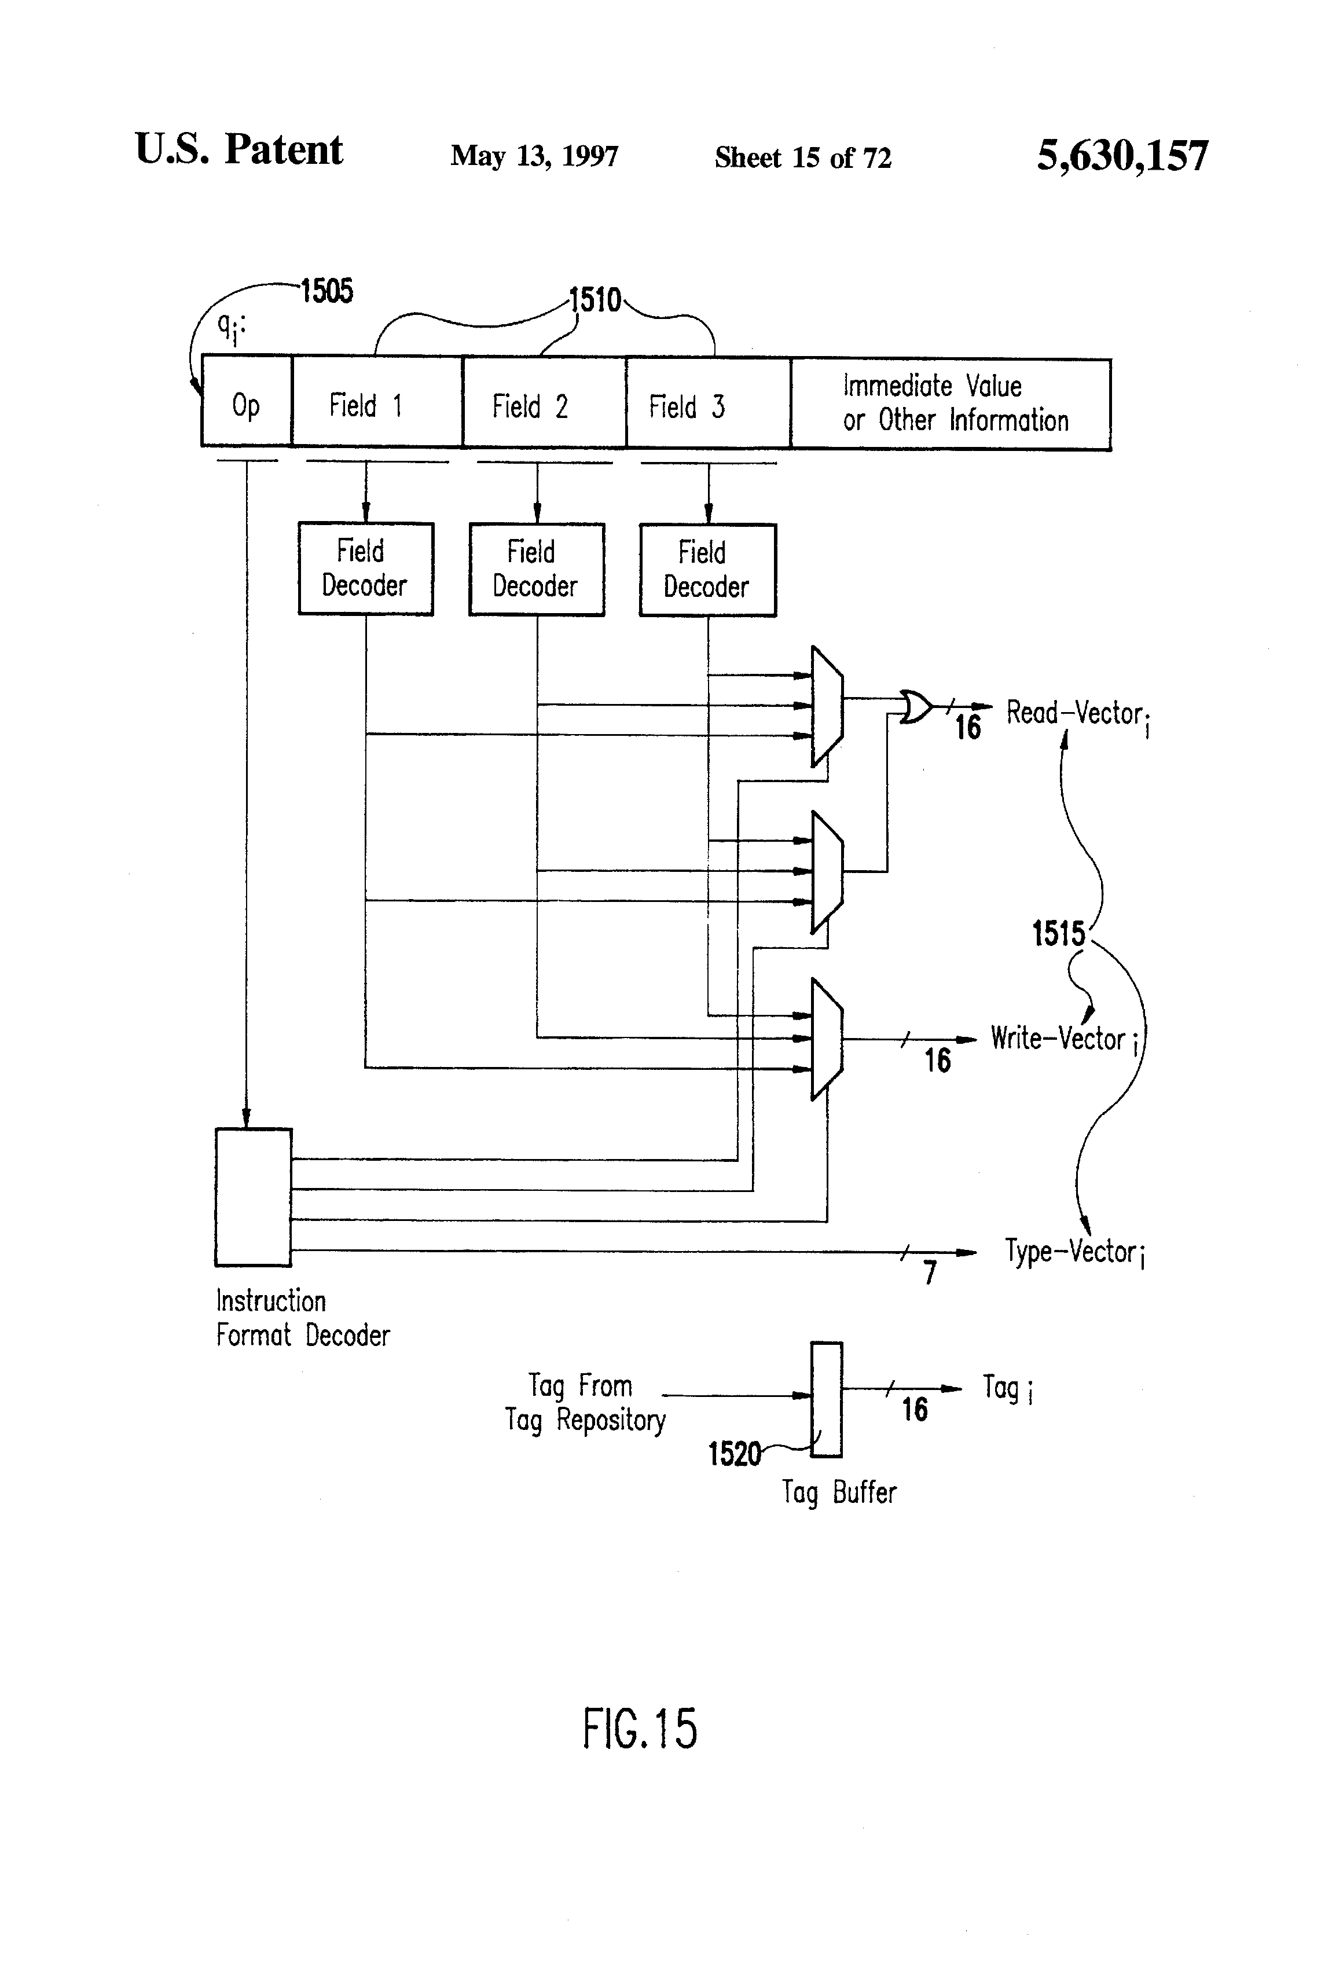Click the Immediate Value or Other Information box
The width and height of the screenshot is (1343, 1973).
(x=951, y=404)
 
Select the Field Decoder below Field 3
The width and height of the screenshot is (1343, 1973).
(x=707, y=570)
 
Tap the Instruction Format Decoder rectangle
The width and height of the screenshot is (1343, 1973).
(x=253, y=1197)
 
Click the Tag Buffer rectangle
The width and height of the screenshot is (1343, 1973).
(x=826, y=1399)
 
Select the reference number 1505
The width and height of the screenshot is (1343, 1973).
(x=327, y=291)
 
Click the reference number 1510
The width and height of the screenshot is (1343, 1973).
(x=595, y=300)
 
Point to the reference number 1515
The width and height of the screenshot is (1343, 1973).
(x=1058, y=934)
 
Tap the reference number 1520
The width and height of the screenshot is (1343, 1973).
(x=735, y=1454)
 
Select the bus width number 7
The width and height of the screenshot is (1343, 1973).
(x=930, y=1272)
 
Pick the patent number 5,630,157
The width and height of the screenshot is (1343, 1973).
(x=1122, y=156)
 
